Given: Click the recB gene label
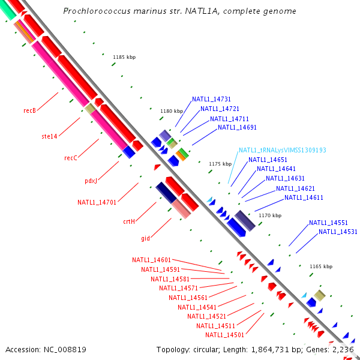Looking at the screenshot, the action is [x=29, y=110].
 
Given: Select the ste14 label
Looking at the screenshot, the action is [x=49, y=136].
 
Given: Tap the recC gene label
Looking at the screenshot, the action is [x=71, y=158].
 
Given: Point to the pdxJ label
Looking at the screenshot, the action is [x=91, y=181].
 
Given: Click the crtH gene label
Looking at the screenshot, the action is [x=129, y=221].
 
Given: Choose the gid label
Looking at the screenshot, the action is [x=146, y=238].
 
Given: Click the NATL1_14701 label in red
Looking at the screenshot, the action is [x=97, y=202].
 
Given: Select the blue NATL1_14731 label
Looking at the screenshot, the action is [x=211, y=99].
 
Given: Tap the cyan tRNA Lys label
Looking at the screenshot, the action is [x=283, y=150].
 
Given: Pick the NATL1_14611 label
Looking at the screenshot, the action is [x=304, y=197].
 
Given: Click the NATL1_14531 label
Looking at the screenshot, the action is [x=338, y=232].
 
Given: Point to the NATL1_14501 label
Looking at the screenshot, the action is [x=224, y=335].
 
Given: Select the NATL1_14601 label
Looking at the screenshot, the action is [x=152, y=260].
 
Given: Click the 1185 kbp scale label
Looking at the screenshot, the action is [x=124, y=57].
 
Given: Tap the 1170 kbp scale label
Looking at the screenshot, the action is [x=270, y=215].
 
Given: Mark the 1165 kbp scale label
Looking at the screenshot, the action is [x=321, y=266].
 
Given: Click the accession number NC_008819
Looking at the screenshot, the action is [x=65, y=350].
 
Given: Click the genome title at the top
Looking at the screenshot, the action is [x=179, y=11].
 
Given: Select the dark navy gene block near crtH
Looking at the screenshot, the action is [x=166, y=193].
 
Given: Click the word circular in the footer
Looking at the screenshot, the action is [x=205, y=350].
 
